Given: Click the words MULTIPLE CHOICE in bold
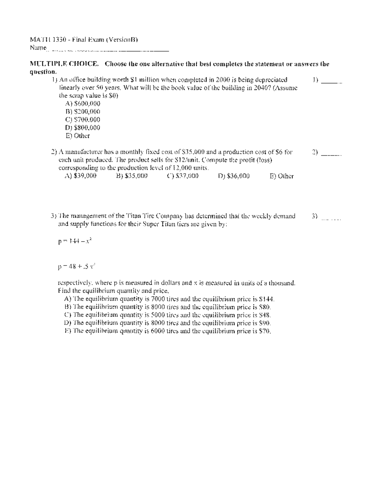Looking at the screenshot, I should click(64, 64).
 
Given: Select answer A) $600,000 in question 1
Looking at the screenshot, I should click(83, 103).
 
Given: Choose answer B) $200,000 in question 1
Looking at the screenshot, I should click(83, 112).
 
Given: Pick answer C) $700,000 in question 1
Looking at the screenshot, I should click(83, 120).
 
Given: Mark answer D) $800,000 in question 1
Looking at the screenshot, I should click(83, 128).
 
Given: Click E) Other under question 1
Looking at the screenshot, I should click(78, 136).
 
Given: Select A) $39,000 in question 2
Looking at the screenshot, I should click(80, 176).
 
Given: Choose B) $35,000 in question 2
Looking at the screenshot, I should click(132, 176).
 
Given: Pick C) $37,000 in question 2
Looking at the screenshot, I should click(183, 176).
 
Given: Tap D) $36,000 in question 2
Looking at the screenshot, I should click(234, 176).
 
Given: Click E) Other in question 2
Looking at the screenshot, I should click(282, 176).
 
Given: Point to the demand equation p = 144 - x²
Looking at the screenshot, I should click(75, 241).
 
